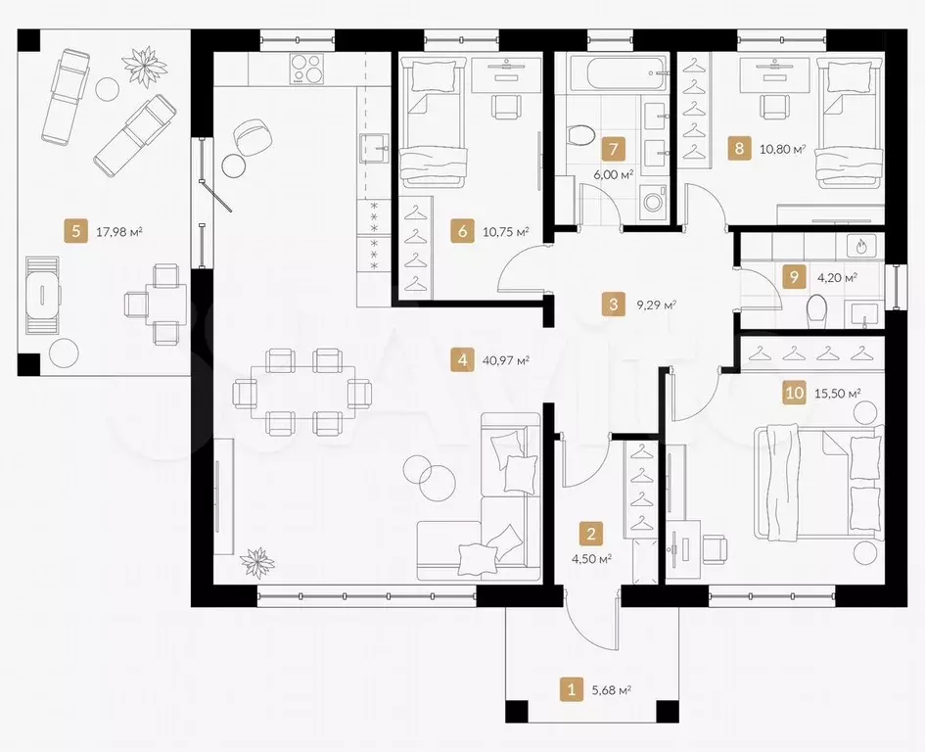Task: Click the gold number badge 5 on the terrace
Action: click(75, 231)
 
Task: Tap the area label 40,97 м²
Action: click(505, 359)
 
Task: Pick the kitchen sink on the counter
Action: click(375, 148)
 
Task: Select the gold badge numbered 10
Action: click(795, 393)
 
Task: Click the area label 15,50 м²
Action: click(837, 393)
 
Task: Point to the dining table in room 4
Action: click(302, 392)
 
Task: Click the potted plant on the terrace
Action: click(143, 68)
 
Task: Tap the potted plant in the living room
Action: click(257, 562)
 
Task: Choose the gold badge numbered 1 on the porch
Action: click(571, 689)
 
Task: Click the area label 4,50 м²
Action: click(591, 558)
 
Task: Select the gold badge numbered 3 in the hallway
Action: click(614, 305)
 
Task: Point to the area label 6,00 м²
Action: click(614, 174)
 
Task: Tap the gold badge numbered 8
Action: click(740, 148)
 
